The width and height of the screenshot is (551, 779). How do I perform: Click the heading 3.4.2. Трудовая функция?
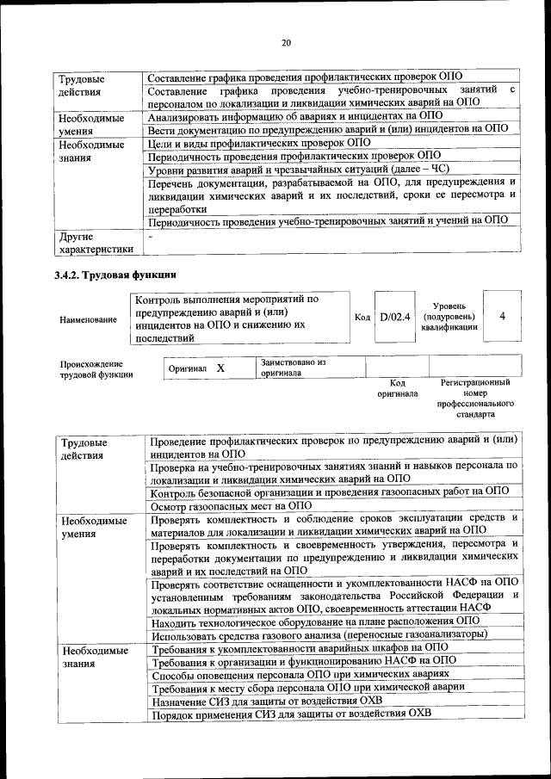coord(115,275)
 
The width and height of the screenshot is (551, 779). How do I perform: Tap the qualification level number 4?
coord(502,317)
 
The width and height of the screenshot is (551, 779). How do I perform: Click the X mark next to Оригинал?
coord(220,368)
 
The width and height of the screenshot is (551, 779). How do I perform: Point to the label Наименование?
coord(89,319)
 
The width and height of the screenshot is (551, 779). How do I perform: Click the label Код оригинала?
coord(397,388)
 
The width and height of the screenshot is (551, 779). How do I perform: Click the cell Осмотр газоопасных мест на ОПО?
coord(231,507)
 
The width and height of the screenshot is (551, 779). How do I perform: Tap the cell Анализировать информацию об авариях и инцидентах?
coord(295,114)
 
